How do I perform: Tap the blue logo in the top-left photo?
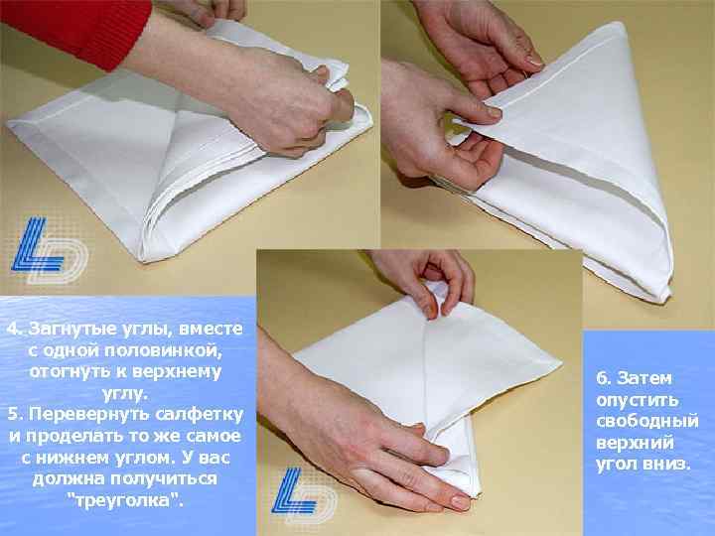pos(48,248)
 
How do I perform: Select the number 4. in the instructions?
pos(15,329)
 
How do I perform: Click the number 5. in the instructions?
pos(16,414)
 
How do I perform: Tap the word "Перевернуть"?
pos(89,414)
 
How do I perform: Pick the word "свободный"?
pos(647,421)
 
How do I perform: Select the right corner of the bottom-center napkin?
pos(560,363)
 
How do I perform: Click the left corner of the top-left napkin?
pos(8,123)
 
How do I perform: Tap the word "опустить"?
pos(638,400)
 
